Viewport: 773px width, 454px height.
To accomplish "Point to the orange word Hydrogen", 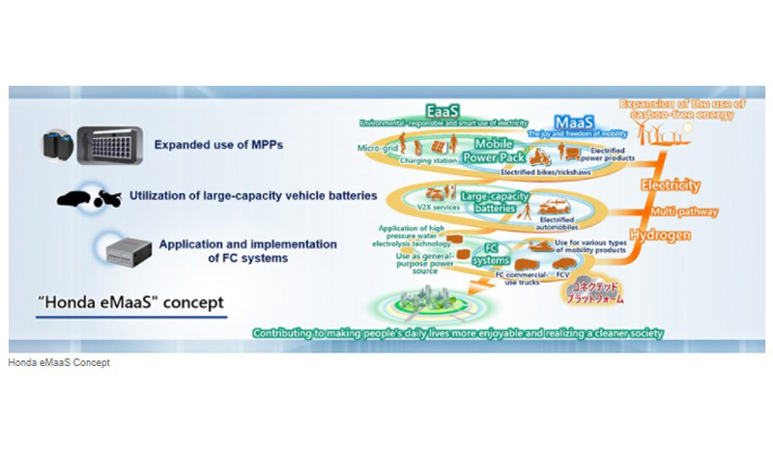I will [x=661, y=236].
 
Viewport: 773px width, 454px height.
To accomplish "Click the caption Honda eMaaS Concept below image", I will [x=58, y=363].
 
